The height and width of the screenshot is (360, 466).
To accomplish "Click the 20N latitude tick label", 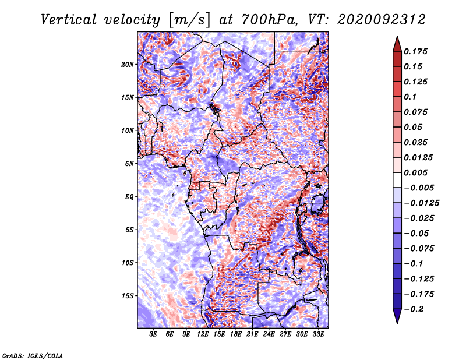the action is coord(127,65).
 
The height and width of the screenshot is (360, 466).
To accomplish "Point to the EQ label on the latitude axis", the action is coord(129,197).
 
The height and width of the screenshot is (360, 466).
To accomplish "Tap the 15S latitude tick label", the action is coord(127,296).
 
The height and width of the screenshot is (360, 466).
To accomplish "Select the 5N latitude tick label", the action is coord(129,164).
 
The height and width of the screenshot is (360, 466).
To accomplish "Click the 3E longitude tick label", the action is coord(153,334).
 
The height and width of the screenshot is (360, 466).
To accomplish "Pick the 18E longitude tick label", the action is coord(236,334).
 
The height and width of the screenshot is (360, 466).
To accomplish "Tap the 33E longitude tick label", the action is coord(318,334).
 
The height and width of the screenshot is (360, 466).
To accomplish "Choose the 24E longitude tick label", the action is coord(269,334).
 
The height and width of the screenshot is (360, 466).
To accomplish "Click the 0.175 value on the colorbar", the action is coord(415,51).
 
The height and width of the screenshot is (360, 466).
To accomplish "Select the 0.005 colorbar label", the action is coord(415,172).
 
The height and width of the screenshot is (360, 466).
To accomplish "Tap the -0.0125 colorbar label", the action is coord(421,203).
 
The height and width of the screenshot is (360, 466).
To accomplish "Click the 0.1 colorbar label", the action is coord(410,97).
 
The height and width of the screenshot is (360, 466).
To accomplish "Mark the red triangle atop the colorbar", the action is coord(397,44).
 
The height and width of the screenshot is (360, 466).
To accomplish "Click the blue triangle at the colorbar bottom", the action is coord(397,316).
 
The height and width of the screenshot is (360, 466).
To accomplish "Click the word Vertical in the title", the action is coord(69,20).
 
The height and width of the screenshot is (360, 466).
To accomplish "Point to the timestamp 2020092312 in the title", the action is coord(382,20).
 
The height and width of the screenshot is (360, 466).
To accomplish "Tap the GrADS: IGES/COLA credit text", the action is coord(33,355).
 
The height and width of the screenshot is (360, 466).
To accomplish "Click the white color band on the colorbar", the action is coord(397,180).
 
